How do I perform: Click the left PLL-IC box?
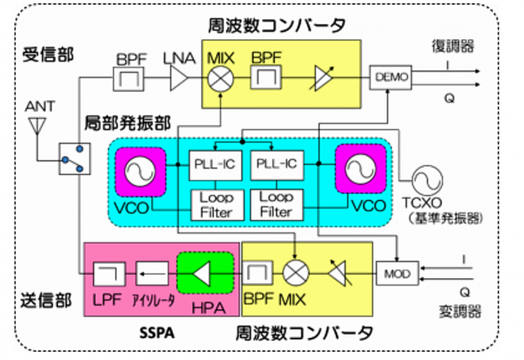click(x=214, y=164)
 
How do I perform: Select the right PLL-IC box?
click(x=276, y=164)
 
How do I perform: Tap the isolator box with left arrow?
click(x=152, y=271)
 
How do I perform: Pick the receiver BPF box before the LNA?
click(x=129, y=79)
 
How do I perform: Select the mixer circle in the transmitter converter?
click(x=292, y=272)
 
